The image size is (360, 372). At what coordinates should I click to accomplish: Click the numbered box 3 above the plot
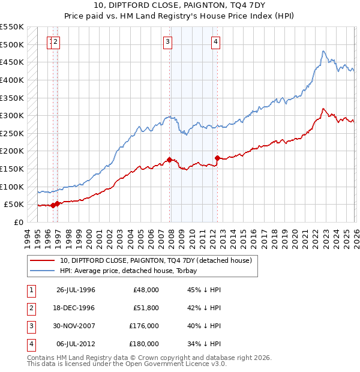(x=167, y=41)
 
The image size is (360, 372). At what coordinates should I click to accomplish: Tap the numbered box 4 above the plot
(x=215, y=41)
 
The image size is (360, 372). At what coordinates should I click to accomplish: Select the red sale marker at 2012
(x=217, y=158)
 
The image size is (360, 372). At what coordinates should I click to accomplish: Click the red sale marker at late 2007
(x=169, y=160)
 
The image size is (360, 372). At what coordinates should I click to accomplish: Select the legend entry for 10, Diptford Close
(x=158, y=260)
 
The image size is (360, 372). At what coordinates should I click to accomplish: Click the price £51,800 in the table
(x=144, y=308)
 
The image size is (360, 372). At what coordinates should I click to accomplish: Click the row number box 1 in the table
(x=30, y=290)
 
